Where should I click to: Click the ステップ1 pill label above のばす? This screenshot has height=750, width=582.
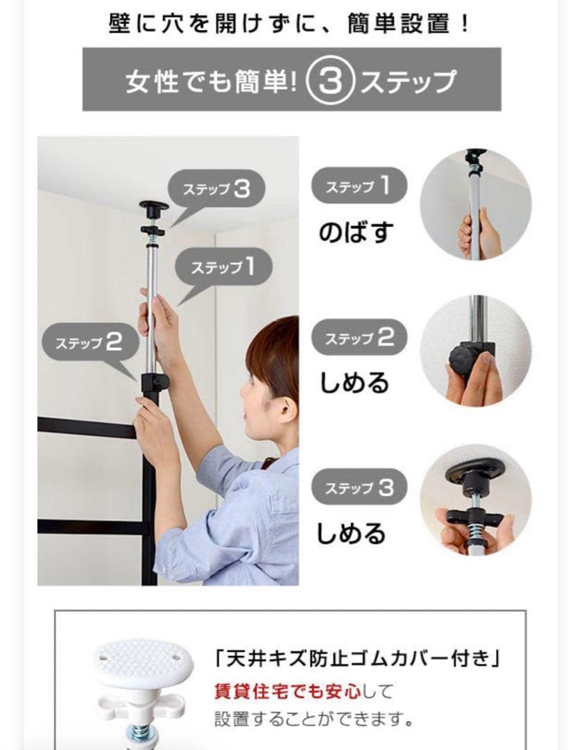pyautogui.click(x=358, y=187)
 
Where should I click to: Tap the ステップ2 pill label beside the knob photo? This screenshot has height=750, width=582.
pyautogui.click(x=359, y=339)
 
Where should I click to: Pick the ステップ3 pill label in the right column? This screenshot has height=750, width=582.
pyautogui.click(x=359, y=487)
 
